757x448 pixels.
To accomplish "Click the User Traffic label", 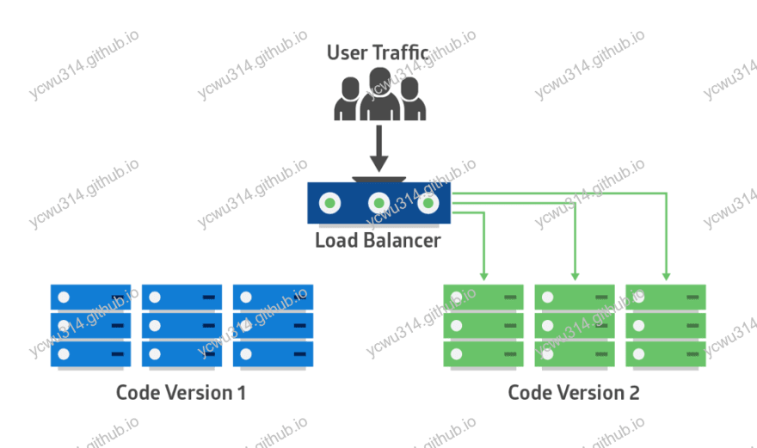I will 377,52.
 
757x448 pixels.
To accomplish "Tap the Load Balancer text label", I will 378,240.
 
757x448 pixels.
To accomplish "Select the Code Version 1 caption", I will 181,393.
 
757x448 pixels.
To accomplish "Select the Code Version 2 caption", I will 573,393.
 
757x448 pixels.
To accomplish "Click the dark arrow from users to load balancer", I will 378,150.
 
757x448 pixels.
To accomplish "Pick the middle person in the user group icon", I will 379,95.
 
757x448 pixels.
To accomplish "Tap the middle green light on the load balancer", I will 378,204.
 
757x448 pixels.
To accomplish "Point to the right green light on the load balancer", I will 428,204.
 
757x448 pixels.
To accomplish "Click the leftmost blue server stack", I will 90,326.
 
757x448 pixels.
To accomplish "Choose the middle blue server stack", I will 182,326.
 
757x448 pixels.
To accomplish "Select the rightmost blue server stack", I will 273,326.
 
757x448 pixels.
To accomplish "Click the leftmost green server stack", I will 483,326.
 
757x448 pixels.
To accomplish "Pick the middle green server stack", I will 575,326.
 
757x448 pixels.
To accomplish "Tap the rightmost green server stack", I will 666,326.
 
